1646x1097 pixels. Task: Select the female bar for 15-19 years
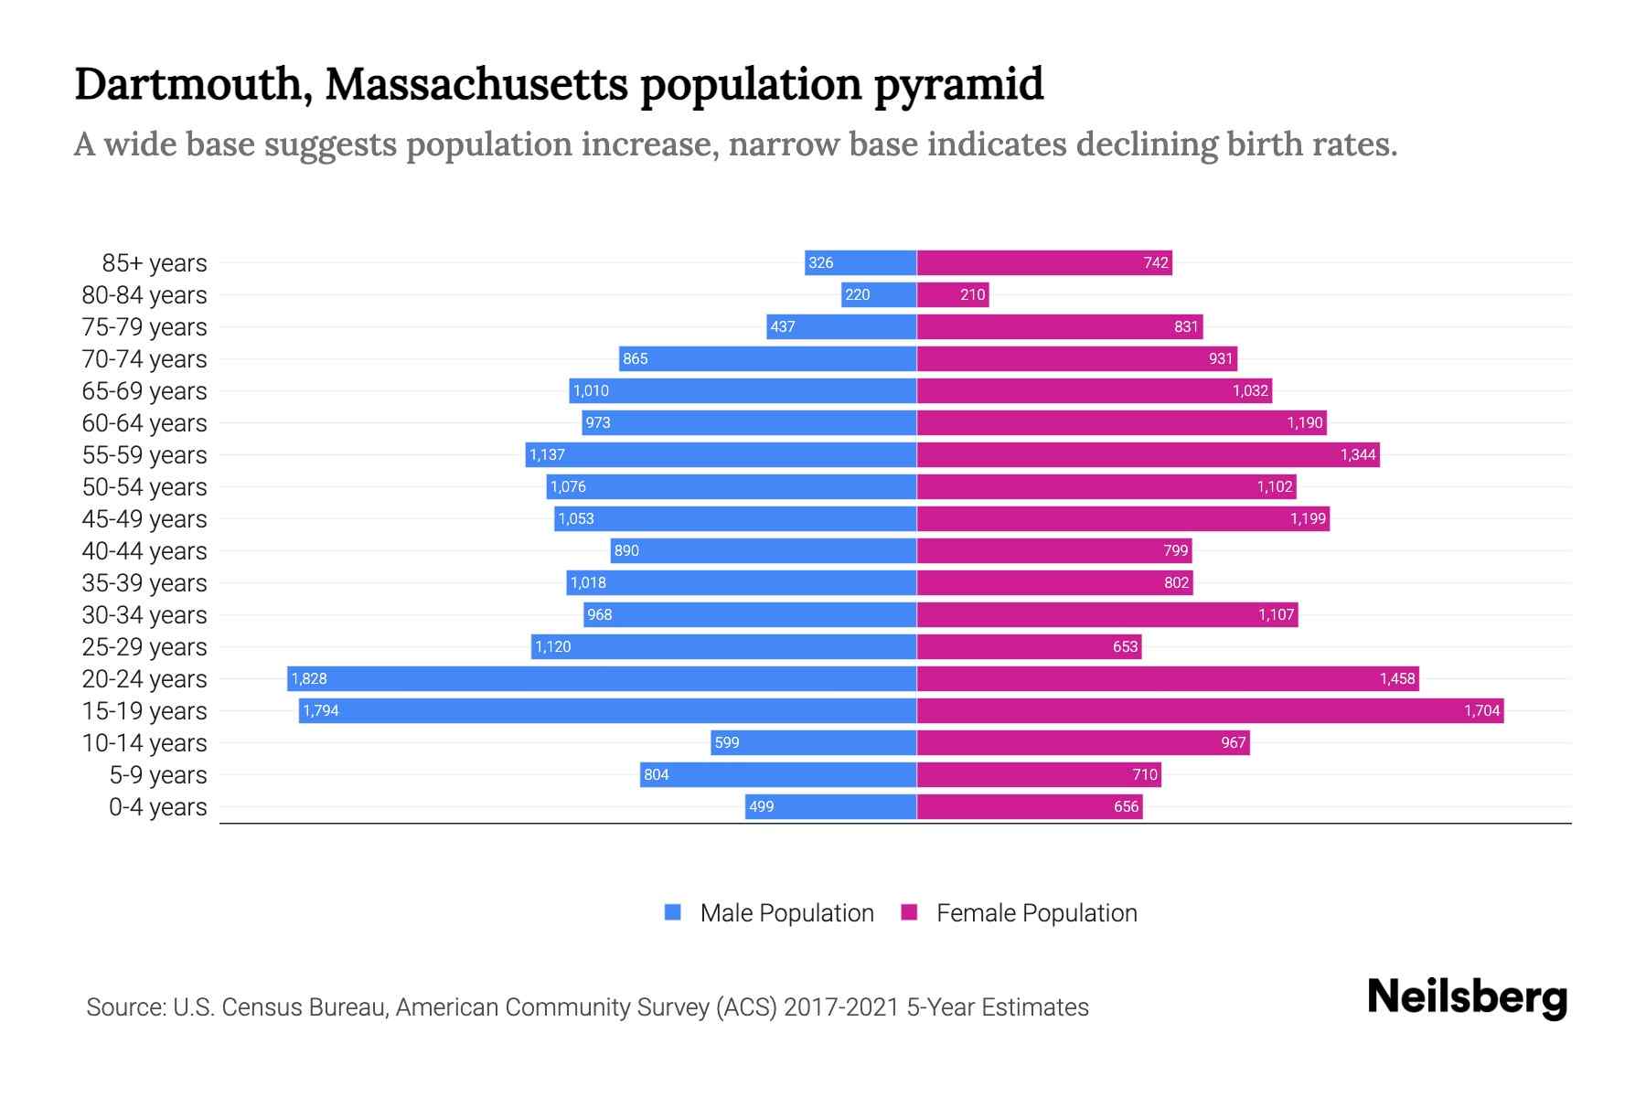click(x=1209, y=710)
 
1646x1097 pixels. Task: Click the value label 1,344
click(x=1358, y=454)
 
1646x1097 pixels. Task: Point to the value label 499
click(x=761, y=806)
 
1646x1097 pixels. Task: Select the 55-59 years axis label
click(x=144, y=454)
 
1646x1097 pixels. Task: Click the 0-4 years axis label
click(x=157, y=806)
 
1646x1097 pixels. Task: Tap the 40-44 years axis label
click(x=144, y=550)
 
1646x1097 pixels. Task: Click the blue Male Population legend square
click(x=673, y=912)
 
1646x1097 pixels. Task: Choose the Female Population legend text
click(x=1036, y=912)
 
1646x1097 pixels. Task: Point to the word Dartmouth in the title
click(x=188, y=84)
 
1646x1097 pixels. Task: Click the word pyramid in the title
click(x=957, y=84)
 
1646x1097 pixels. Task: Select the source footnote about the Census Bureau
click(x=587, y=1006)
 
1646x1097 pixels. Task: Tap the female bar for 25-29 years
click(x=1029, y=646)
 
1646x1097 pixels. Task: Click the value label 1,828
click(x=309, y=678)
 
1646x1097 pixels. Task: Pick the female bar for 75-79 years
click(x=1059, y=326)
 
